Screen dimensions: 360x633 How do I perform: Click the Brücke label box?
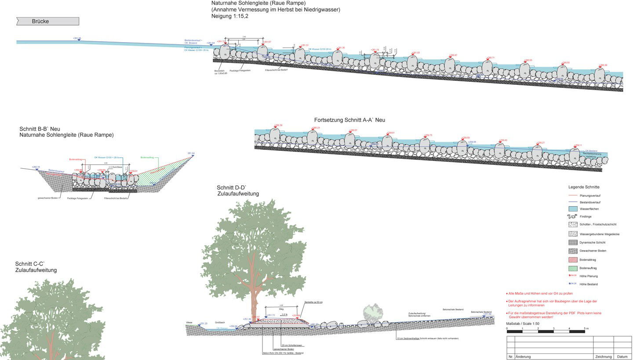(47, 21)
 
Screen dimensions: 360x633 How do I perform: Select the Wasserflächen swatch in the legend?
(572, 209)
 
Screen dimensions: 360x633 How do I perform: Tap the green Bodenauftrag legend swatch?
(572, 268)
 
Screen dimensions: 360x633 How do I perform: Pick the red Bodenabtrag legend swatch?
(572, 260)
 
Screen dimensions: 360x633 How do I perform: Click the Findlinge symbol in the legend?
(572, 217)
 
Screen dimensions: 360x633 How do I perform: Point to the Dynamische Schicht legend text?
(592, 243)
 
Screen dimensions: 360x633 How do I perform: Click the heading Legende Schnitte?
(583, 187)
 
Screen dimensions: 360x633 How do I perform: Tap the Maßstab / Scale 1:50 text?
(522, 324)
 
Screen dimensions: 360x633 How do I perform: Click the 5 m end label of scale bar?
(586, 328)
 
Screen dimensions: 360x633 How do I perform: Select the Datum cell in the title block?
(622, 356)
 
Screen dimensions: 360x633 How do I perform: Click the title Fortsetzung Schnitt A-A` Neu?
(349, 120)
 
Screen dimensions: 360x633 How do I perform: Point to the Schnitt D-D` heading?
(231, 188)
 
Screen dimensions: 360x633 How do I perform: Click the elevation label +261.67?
(267, 42)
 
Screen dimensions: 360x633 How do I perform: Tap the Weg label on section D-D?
(281, 309)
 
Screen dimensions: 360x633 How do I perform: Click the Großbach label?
(220, 322)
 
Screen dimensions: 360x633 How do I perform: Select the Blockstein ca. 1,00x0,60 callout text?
(219, 72)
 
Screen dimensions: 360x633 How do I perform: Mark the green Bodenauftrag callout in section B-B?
(146, 157)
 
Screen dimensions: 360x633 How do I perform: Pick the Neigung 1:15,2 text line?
(229, 16)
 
